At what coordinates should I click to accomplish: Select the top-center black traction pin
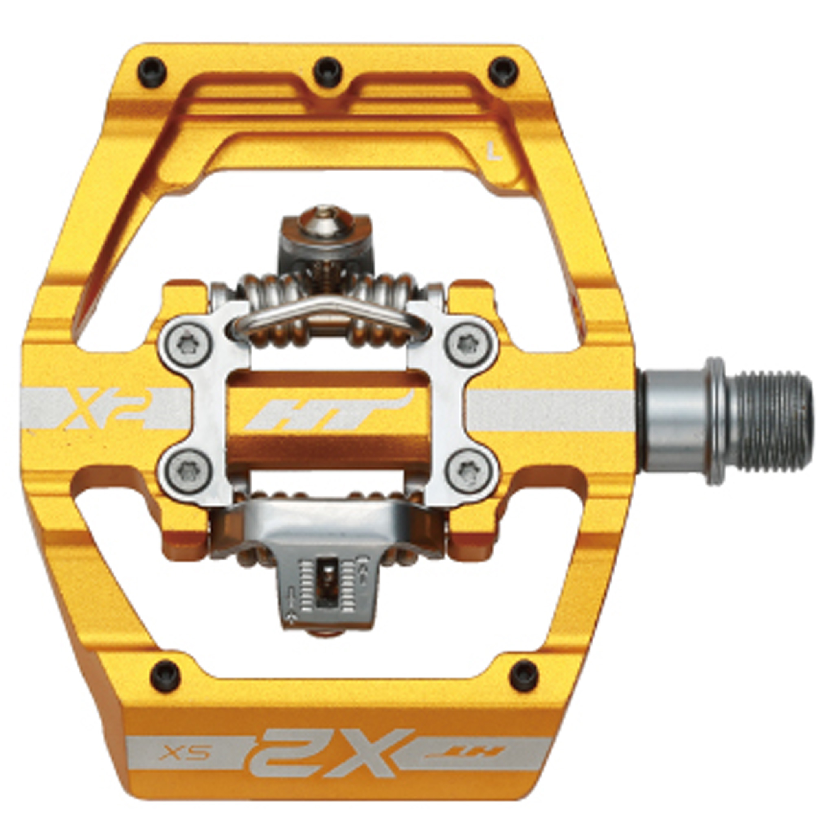(328, 70)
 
